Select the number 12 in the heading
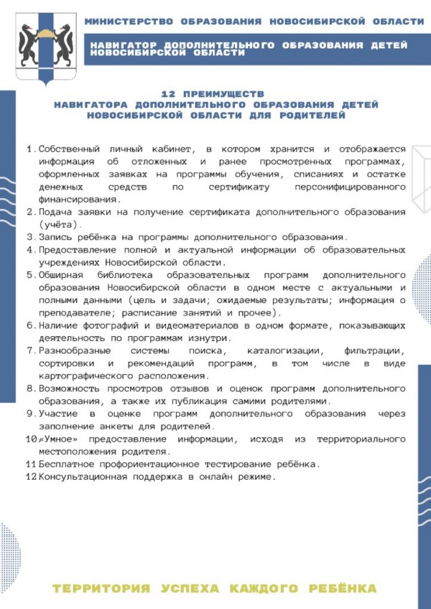coord(168,94)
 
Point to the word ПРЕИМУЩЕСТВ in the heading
coord(224,94)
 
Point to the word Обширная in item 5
coord(62,275)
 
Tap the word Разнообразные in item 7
coord(75,350)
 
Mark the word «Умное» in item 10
coord(58,439)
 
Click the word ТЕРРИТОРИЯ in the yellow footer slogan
coord(101,589)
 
